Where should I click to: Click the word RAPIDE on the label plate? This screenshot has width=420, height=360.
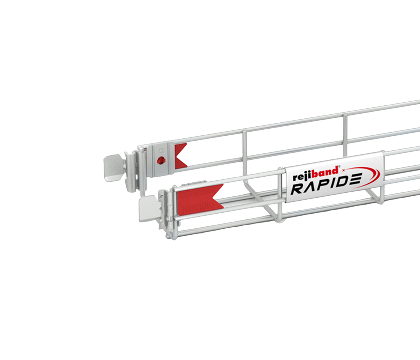click(326, 187)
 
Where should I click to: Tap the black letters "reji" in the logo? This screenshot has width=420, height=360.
click(300, 176)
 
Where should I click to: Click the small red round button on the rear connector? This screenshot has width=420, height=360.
click(161, 161)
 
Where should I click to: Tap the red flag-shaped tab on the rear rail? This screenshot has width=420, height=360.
click(180, 154)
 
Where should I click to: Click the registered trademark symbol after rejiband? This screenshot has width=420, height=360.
click(339, 167)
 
